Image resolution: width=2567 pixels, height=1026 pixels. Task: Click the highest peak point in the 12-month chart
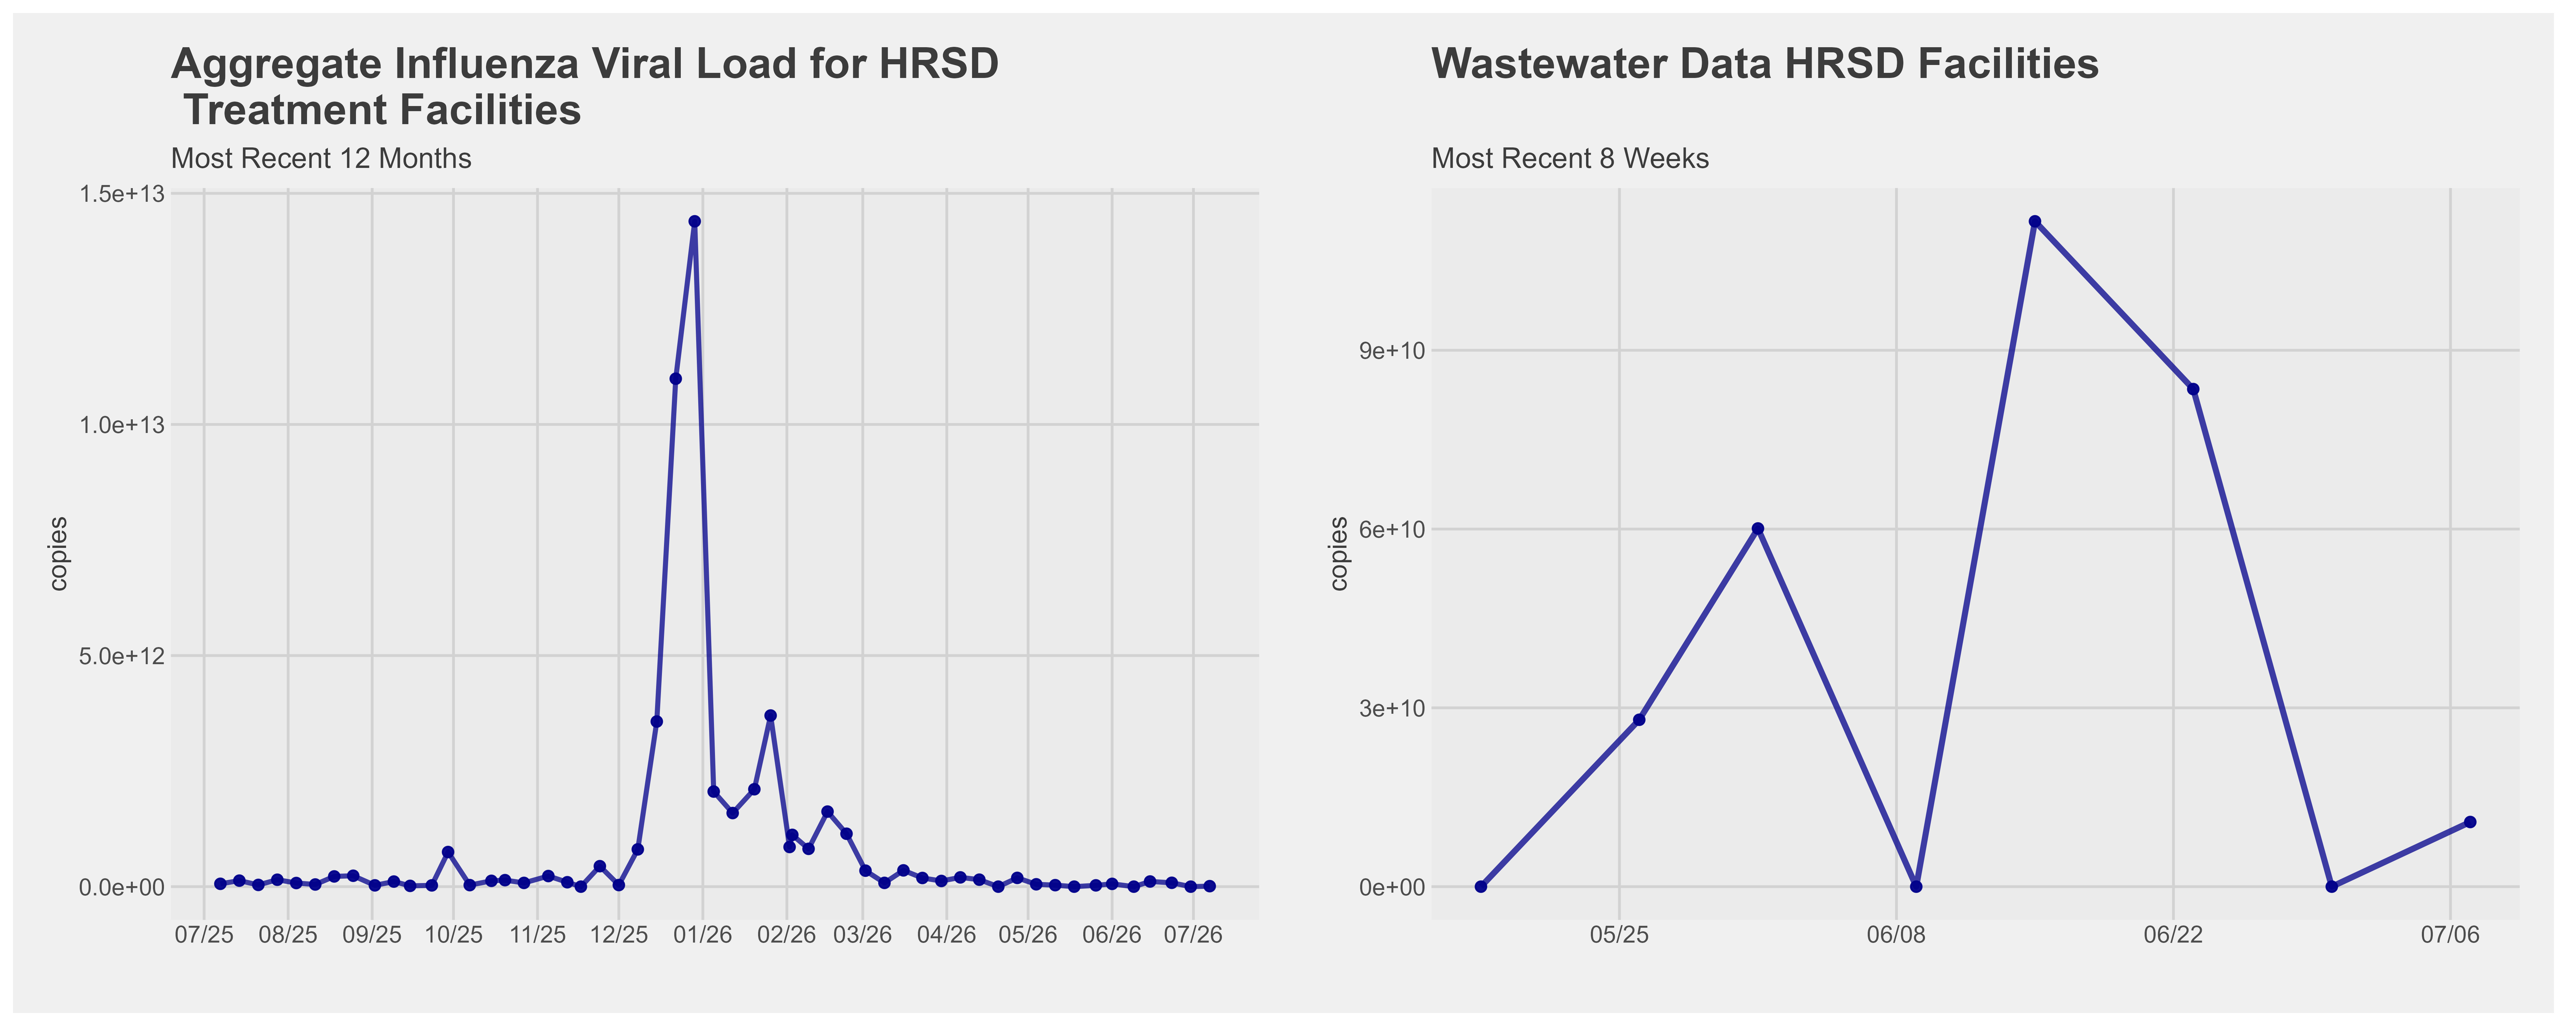pyautogui.click(x=694, y=221)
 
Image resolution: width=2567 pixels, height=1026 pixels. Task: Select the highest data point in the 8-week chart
pyautogui.click(x=2035, y=221)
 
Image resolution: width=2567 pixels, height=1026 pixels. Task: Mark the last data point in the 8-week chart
pyautogui.click(x=2469, y=822)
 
